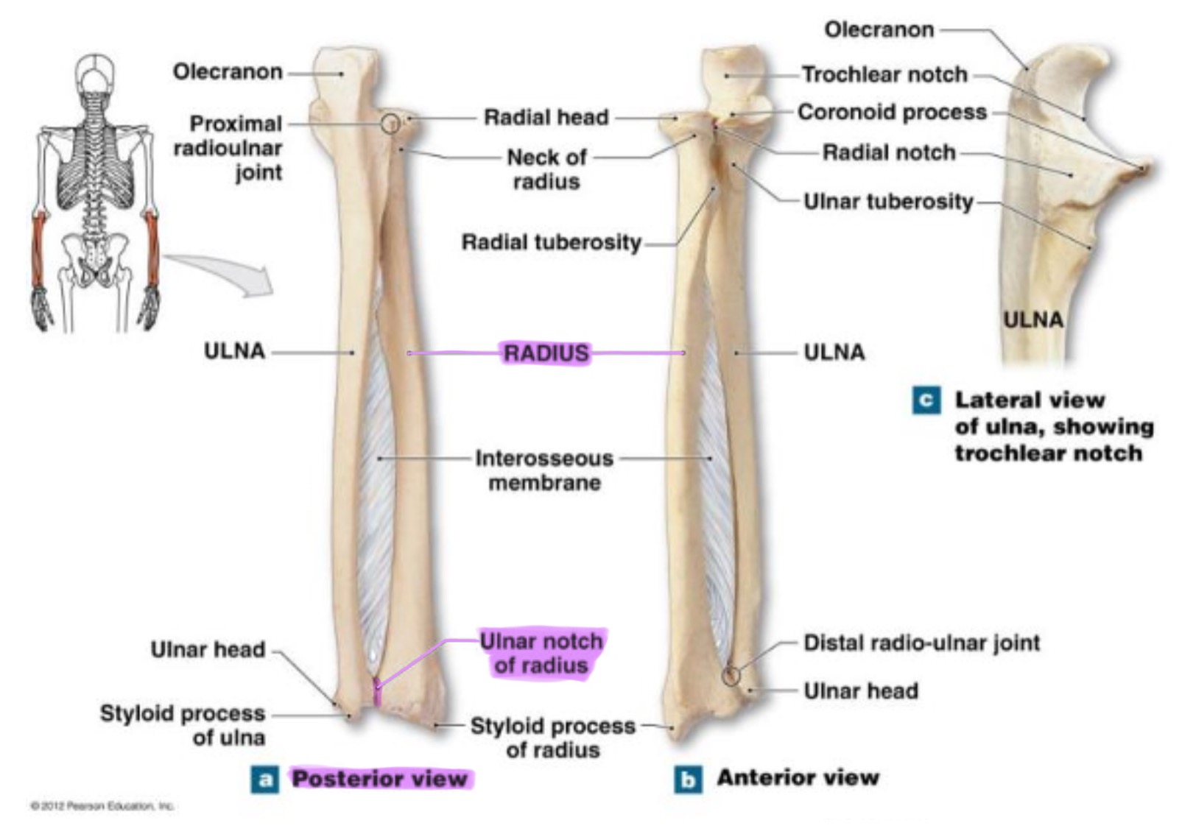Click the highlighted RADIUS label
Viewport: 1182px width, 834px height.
click(x=546, y=353)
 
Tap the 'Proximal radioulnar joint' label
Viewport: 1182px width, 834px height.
click(x=228, y=148)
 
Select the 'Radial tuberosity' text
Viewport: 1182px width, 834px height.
click(x=551, y=242)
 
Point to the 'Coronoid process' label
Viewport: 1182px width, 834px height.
click(x=892, y=112)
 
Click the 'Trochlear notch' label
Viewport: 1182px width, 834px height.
click(x=884, y=74)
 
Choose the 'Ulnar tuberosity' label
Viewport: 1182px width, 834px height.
click(x=888, y=201)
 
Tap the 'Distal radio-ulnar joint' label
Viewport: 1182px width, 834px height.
click(x=921, y=643)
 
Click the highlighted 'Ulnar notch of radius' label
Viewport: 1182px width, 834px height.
click(x=541, y=653)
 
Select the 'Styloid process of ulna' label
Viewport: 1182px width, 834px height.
click(x=183, y=725)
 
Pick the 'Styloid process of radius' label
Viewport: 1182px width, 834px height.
click(x=552, y=738)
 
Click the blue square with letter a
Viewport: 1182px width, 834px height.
click(x=265, y=779)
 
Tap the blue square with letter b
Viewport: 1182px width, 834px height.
click(x=688, y=779)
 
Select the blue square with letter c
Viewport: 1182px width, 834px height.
click(x=926, y=400)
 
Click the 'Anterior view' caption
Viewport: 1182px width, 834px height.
click(x=798, y=777)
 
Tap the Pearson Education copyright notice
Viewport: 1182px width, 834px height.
click(x=102, y=806)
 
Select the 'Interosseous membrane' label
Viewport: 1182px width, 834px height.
click(x=544, y=470)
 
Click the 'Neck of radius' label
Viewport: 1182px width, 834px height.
click(x=546, y=169)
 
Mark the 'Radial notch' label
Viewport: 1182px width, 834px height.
click(x=888, y=152)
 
